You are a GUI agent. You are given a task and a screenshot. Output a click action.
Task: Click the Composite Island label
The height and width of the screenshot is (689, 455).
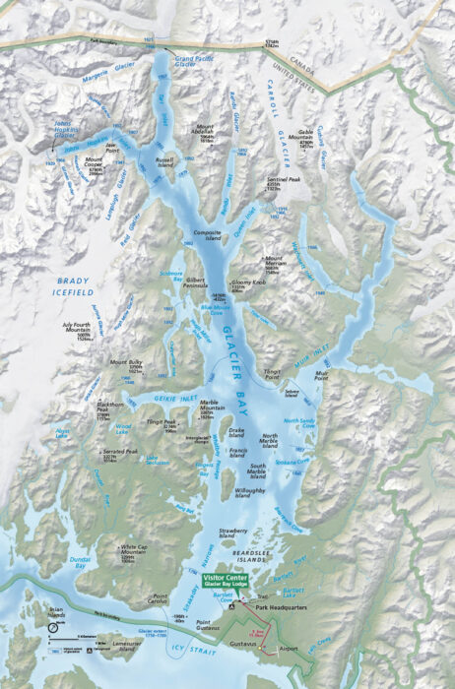click(x=208, y=234)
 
